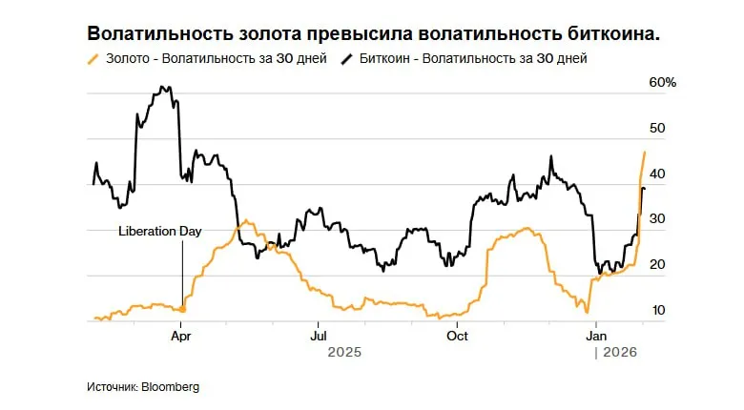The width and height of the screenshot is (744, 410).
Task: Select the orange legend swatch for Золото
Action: tap(93, 59)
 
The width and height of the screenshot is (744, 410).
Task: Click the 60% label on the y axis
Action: tap(662, 83)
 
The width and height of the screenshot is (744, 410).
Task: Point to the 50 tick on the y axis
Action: tap(657, 128)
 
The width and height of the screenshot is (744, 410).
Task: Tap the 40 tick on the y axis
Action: tap(657, 174)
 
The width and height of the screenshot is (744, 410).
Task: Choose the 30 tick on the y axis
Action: tap(657, 218)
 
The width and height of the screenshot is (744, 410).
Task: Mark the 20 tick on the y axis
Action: tap(657, 264)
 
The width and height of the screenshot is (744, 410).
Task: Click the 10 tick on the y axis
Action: tap(657, 310)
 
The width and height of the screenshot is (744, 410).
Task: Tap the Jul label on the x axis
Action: tap(319, 336)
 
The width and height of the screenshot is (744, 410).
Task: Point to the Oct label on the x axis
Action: tap(457, 336)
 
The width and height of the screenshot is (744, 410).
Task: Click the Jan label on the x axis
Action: tap(596, 336)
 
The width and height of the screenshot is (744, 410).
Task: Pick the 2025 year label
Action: tap(344, 353)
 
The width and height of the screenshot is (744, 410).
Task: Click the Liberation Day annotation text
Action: tap(160, 231)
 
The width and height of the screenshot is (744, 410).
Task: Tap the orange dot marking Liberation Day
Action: tap(182, 310)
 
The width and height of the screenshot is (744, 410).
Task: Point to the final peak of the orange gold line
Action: tap(645, 153)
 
